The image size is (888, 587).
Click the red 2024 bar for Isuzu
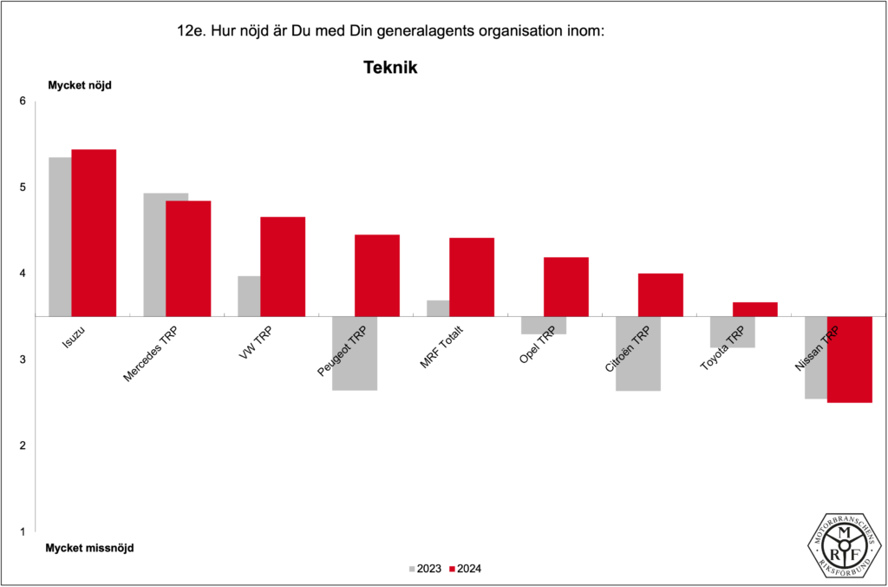(x=94, y=233)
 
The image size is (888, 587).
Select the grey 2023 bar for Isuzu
(x=60, y=236)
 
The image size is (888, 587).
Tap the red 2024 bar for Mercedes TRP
(x=188, y=258)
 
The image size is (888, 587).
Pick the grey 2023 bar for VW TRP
(x=249, y=296)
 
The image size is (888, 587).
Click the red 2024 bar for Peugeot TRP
(x=377, y=275)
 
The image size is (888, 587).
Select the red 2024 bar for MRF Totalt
(x=472, y=277)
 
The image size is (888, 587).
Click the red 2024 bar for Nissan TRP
(x=850, y=359)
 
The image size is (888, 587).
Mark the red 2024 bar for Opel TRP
(x=566, y=287)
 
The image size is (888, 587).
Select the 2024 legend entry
(x=466, y=569)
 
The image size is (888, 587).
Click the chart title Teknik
(x=390, y=67)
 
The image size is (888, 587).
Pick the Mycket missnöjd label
(x=89, y=548)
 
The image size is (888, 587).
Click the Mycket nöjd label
(x=79, y=85)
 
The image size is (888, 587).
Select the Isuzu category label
(x=75, y=338)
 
